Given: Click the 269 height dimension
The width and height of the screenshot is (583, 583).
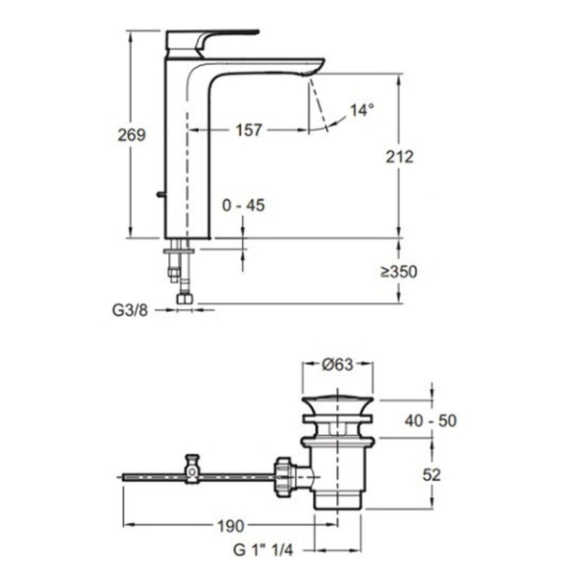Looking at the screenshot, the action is point(131,135).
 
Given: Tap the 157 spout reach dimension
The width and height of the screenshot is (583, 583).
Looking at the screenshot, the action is point(248,130).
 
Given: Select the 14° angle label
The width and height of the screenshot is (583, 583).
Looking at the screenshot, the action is point(362,110).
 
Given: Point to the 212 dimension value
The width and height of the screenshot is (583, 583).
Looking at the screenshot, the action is point(399,157).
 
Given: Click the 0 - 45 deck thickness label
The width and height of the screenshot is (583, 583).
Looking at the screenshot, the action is point(243,205).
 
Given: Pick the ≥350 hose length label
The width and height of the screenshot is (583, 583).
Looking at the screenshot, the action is point(399,272).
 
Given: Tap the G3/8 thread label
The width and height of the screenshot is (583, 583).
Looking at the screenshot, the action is point(130,310).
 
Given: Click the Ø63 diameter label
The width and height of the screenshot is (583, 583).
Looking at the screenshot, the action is point(338,364).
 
